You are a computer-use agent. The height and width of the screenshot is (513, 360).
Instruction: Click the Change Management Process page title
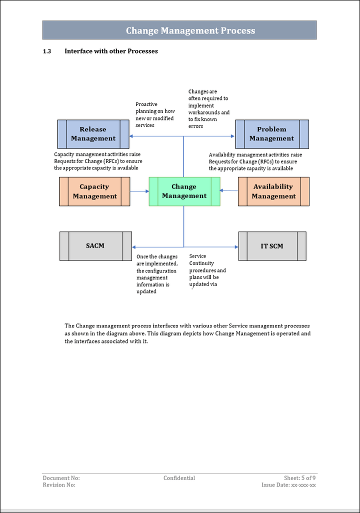tap(190, 30)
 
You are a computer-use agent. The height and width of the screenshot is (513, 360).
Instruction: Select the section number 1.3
tap(47, 51)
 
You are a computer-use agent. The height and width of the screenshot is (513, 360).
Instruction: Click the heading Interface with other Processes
tap(111, 51)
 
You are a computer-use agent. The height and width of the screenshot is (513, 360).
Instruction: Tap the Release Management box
tap(93, 134)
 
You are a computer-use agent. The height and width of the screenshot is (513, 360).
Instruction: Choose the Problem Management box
tap(271, 134)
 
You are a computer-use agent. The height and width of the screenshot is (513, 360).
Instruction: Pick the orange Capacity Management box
tap(94, 191)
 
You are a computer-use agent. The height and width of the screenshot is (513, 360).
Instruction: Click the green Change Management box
tap(184, 191)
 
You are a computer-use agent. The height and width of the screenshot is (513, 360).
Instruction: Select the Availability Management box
tap(273, 191)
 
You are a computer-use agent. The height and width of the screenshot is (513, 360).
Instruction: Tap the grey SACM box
tap(95, 246)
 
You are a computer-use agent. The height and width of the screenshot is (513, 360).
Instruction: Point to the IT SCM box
tap(272, 246)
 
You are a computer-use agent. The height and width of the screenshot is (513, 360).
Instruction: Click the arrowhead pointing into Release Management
tap(131, 136)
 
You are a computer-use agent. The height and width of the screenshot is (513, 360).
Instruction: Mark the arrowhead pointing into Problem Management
tap(232, 136)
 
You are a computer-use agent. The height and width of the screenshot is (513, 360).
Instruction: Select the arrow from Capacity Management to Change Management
tap(139, 191)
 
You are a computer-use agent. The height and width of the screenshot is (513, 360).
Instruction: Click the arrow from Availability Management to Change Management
tap(229, 190)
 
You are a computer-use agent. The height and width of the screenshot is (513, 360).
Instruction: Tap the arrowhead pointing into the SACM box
tap(134, 247)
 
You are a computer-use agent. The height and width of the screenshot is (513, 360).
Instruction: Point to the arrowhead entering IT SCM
tap(236, 247)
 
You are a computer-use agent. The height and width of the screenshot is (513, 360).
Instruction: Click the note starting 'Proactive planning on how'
tap(155, 115)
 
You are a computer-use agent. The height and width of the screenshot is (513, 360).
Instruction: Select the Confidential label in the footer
tap(179, 478)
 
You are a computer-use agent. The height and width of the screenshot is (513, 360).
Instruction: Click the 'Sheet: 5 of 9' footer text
tap(299, 478)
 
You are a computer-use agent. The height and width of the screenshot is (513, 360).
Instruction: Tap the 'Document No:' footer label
tap(61, 478)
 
